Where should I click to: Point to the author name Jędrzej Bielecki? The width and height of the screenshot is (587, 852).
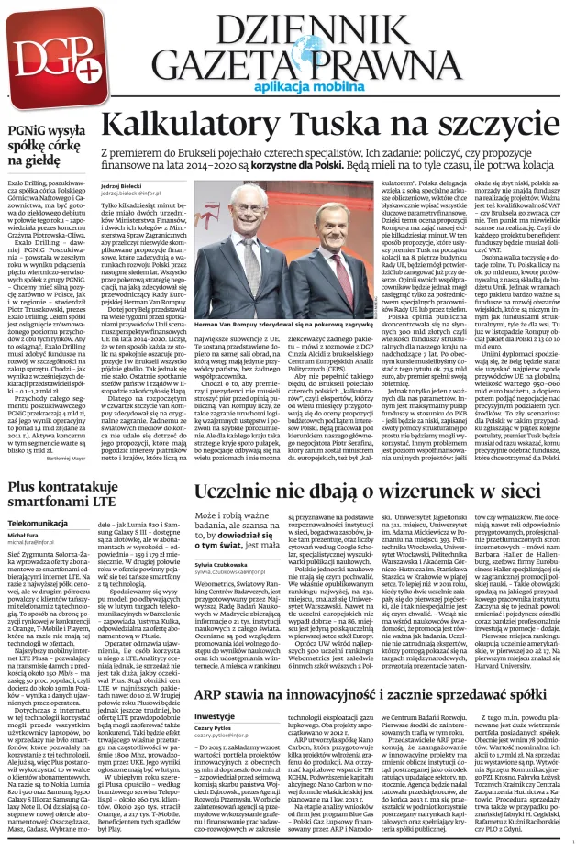pos(125,187)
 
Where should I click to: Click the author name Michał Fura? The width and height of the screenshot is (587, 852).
pos(24,533)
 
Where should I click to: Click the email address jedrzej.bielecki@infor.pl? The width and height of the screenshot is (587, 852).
pos(130,194)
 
